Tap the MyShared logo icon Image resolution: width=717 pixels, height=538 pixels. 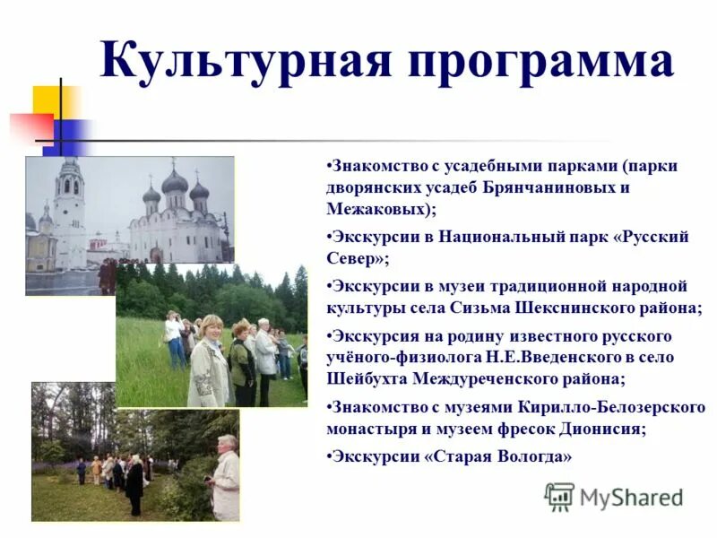click(x=559, y=497)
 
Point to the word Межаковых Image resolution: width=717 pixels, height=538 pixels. click(x=377, y=209)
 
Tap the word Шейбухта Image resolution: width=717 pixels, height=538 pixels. click(x=367, y=378)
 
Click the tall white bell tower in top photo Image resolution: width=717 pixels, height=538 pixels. click(x=69, y=211)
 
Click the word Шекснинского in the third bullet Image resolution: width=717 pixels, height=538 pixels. click(x=588, y=308)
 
